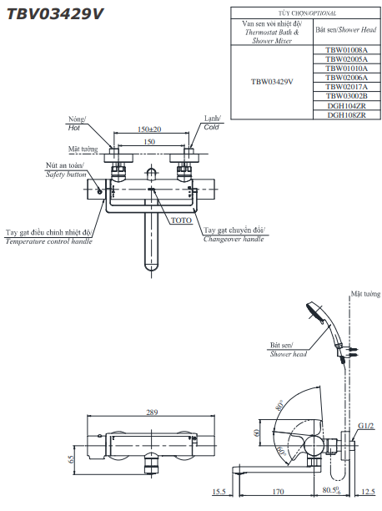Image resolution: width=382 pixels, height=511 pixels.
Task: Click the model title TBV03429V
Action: coord(55,14)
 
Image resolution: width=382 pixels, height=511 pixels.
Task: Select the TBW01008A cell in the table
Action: coord(346,50)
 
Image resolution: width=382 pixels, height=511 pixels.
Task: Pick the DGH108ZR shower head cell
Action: coord(346,115)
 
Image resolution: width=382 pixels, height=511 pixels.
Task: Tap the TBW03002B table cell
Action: coord(346,96)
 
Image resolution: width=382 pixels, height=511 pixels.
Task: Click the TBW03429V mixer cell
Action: coord(272,82)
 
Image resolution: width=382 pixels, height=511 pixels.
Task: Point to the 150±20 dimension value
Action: coord(149,129)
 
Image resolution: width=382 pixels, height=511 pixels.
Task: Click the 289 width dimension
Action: coord(152,412)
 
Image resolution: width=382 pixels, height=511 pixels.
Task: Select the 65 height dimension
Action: coord(71,459)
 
